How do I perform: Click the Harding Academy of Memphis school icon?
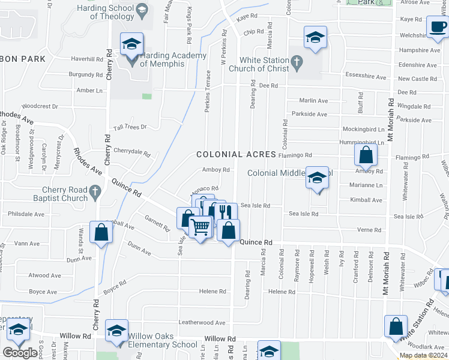click(x=132, y=44)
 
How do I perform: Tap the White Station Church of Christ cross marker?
click(x=296, y=61)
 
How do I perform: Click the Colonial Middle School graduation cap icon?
click(x=318, y=178)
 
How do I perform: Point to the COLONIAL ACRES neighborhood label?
click(x=237, y=155)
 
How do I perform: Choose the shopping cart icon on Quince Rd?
click(x=200, y=227)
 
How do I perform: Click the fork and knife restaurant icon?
click(x=226, y=212)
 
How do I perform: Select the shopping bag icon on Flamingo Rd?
click(x=365, y=156)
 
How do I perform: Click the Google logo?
click(x=20, y=352)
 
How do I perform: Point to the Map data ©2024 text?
click(x=423, y=355)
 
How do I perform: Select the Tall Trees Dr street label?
click(x=130, y=127)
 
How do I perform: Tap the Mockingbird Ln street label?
click(x=363, y=130)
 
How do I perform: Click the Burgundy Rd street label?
click(x=86, y=75)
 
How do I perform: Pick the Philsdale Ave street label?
click(x=26, y=214)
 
